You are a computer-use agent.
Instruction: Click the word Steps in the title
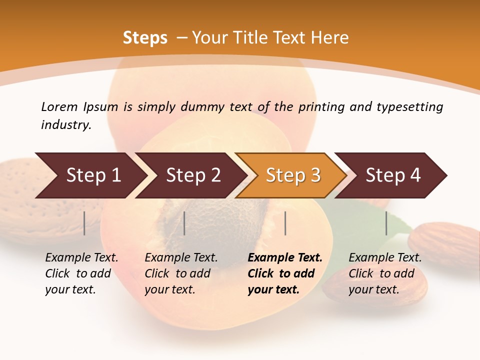pyautogui.click(x=145, y=38)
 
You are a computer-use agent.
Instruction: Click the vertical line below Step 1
pyautogui.click(x=84, y=223)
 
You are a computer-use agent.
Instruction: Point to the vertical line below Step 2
pyautogui.click(x=184, y=223)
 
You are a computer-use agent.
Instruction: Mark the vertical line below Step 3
pyautogui.click(x=285, y=223)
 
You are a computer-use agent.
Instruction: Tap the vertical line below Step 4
pyautogui.click(x=386, y=223)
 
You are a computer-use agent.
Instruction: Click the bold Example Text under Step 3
pyautogui.click(x=285, y=258)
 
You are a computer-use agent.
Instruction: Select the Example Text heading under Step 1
pyautogui.click(x=81, y=258)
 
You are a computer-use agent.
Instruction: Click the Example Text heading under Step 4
pyautogui.click(x=385, y=258)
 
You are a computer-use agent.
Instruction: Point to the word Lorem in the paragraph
pyautogui.click(x=59, y=107)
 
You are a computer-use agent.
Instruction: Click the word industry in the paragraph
pyautogui.click(x=66, y=125)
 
